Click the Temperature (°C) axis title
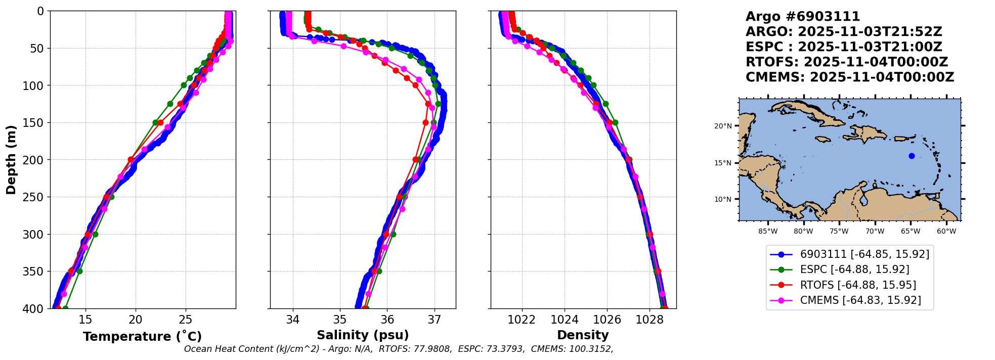tap(142, 337)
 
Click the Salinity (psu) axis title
tap(363, 335)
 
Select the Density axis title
tap(583, 335)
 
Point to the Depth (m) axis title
tap(11, 160)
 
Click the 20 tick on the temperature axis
tap(135, 320)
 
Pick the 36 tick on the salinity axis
tap(387, 320)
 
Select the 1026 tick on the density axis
tap(607, 320)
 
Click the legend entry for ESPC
tap(854, 269)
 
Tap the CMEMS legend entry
tap(860, 300)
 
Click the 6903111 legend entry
tap(864, 254)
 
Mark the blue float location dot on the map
tap(912, 156)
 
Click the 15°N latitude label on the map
tap(723, 163)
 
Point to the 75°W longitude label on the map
tap(839, 232)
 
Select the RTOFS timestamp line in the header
tap(846, 62)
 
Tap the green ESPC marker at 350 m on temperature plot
tap(79, 271)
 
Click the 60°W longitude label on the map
tap(946, 232)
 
